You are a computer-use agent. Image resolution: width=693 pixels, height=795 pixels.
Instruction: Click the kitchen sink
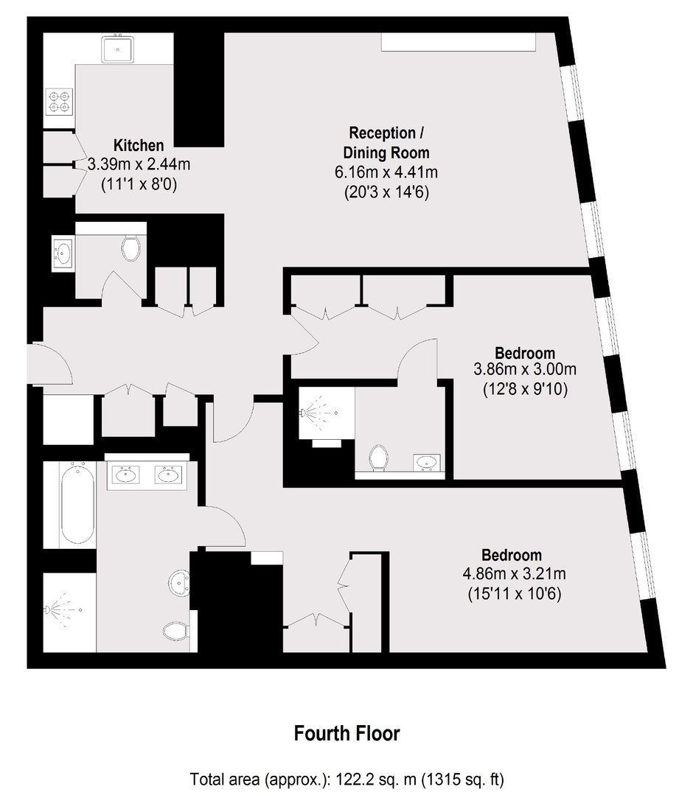(117, 49)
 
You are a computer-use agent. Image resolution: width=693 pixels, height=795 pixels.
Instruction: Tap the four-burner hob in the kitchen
(60, 102)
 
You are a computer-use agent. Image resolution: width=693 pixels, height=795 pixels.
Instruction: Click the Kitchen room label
(139, 145)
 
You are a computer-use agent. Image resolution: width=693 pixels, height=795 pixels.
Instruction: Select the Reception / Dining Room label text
(386, 142)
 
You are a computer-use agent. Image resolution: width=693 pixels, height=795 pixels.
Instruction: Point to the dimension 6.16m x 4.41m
(386, 172)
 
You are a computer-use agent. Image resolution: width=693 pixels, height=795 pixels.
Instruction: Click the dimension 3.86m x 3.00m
(525, 369)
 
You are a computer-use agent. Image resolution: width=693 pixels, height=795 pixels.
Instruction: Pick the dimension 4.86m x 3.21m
(515, 574)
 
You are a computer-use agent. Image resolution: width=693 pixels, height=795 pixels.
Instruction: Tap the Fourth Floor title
(347, 734)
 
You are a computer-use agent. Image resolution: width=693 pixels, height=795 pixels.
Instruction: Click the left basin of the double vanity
(125, 475)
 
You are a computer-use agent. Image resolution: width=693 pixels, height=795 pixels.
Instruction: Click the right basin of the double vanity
(167, 475)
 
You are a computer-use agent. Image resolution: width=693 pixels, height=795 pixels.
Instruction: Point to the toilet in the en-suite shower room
(378, 458)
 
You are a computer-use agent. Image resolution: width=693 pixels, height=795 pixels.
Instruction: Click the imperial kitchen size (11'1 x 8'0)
(139, 184)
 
